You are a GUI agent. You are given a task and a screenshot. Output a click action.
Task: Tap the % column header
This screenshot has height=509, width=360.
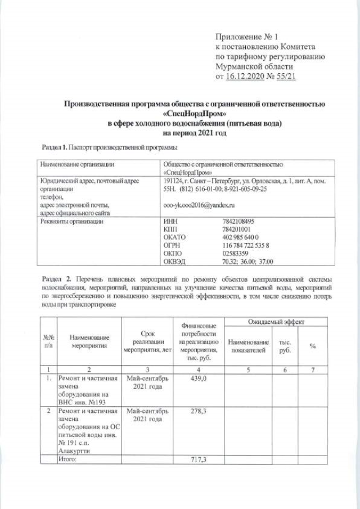click(313, 346)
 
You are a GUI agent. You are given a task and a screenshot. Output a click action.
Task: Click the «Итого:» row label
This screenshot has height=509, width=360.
click(68, 460)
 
